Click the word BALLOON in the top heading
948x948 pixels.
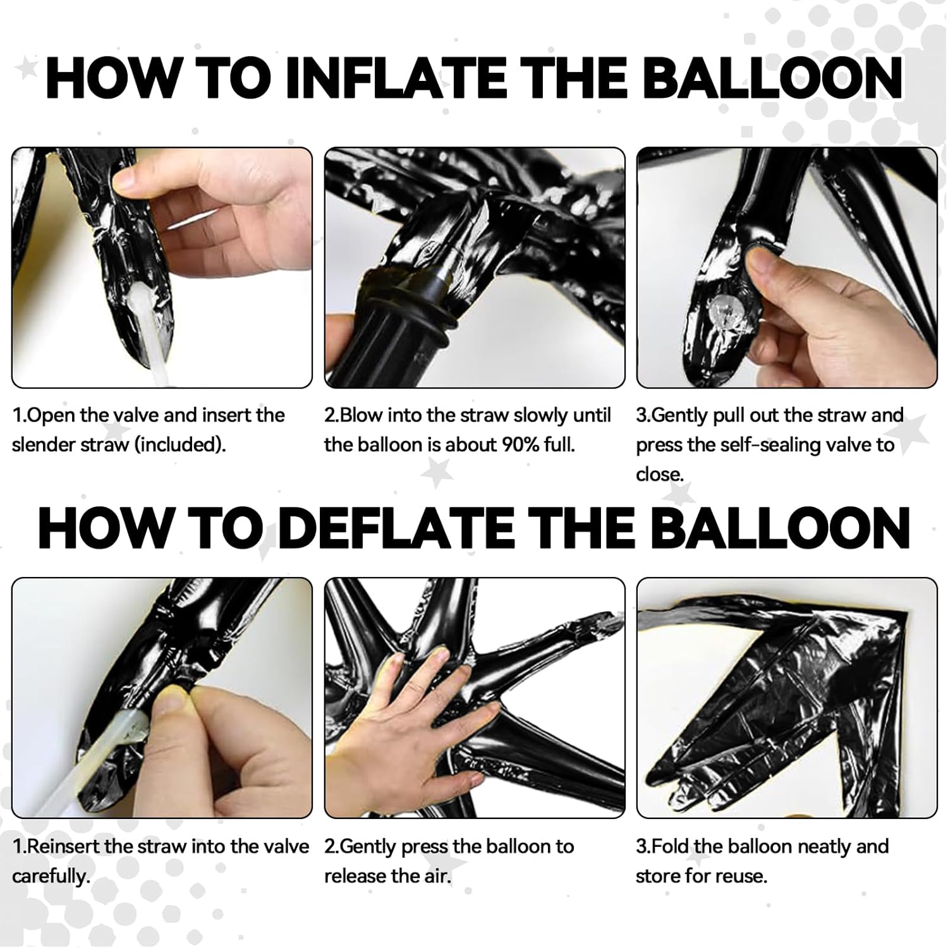(x=776, y=78)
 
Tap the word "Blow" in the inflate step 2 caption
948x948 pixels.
(x=361, y=415)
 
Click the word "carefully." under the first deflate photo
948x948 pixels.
(x=52, y=878)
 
